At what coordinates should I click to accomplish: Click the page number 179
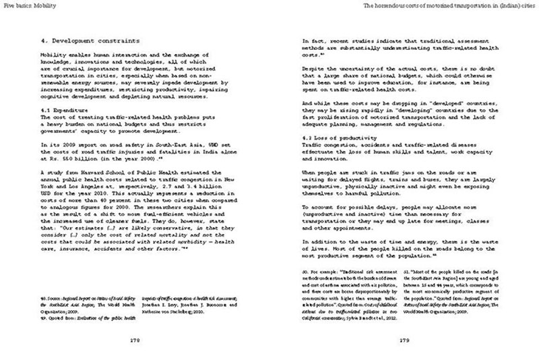tap(406, 339)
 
